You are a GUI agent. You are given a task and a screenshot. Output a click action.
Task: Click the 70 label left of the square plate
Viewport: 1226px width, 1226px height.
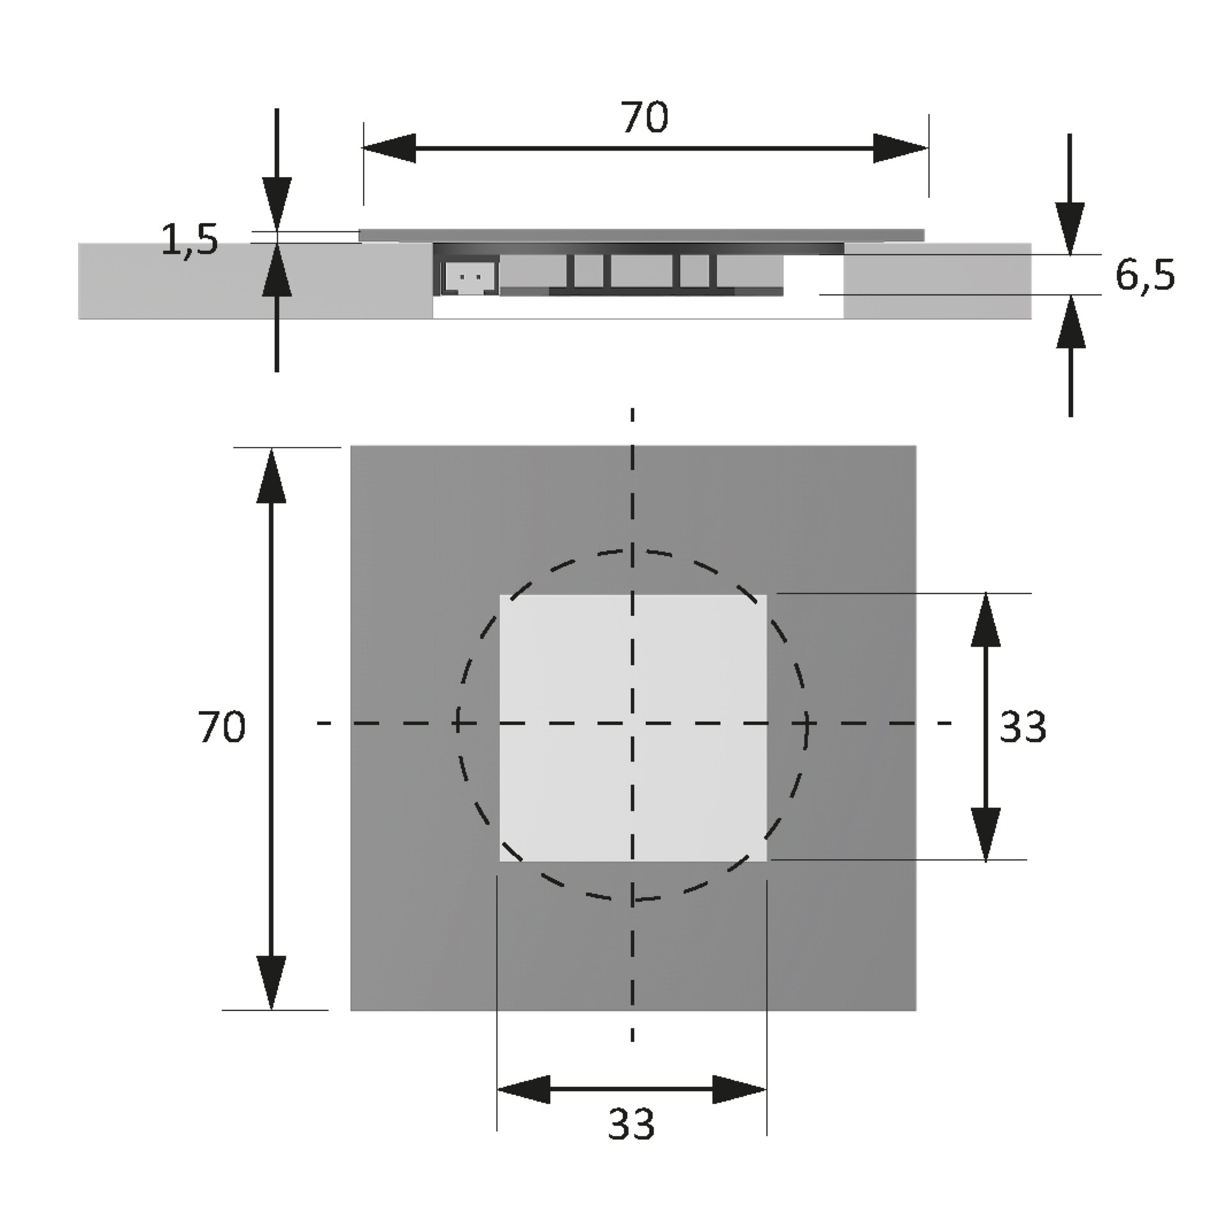tap(222, 727)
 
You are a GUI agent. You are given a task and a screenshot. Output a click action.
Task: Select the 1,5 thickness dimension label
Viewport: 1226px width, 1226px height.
tap(190, 240)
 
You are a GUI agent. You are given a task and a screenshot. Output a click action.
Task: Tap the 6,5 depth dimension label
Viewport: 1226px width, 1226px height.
tap(1145, 276)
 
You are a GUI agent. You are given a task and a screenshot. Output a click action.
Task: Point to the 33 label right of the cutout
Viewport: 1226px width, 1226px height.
tap(1023, 727)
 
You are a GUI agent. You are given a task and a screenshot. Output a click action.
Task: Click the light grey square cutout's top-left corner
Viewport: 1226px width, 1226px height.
tap(500, 595)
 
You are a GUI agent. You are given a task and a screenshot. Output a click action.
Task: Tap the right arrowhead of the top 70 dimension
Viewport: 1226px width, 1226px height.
tap(901, 148)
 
